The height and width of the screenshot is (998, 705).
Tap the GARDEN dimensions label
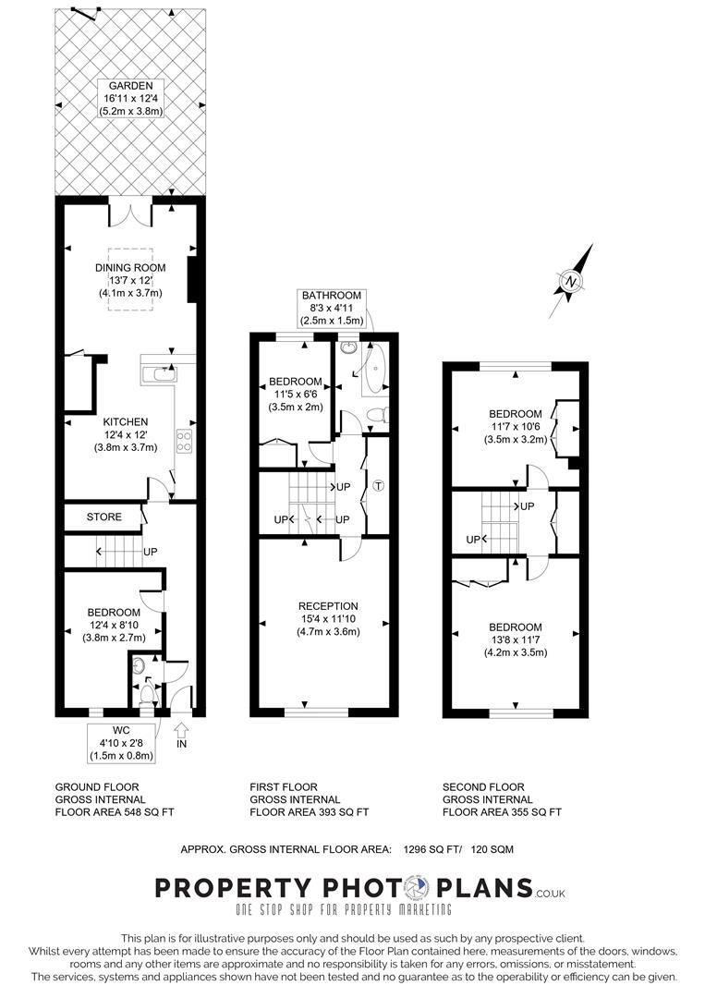130,98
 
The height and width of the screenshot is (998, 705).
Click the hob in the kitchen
184,441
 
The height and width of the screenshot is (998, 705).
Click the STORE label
104,517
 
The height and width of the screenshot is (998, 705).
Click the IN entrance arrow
181,735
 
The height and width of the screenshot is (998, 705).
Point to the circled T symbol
377,486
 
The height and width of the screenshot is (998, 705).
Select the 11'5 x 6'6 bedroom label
296,394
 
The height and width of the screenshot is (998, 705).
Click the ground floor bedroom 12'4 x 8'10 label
114,625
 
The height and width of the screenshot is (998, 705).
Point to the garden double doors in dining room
130,213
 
